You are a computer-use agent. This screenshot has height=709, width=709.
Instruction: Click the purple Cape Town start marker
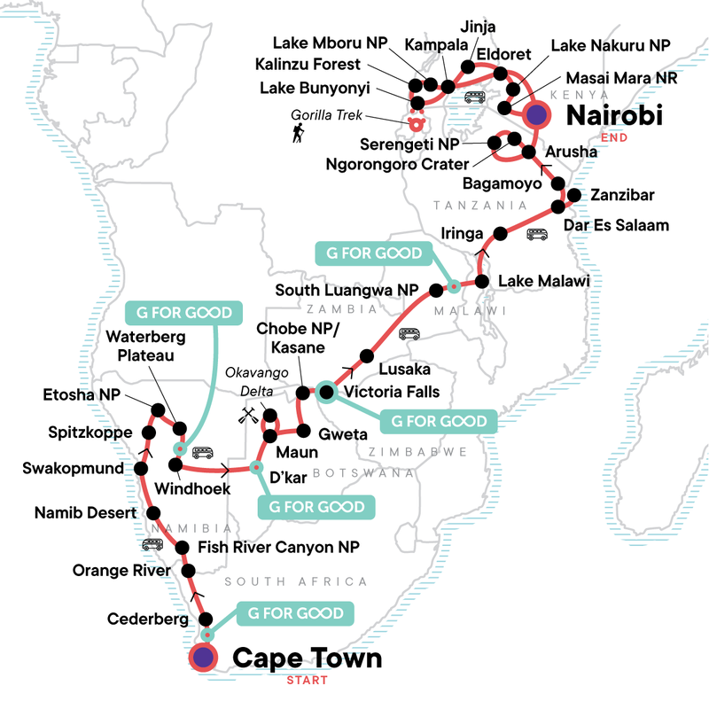[x=204, y=658]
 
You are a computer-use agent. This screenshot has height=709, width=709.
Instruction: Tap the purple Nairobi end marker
[x=537, y=113]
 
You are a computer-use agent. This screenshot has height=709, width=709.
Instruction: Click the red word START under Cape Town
[x=306, y=681]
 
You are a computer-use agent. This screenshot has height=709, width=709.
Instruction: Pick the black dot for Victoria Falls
[x=325, y=392]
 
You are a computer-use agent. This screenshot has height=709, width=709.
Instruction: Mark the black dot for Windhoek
[x=175, y=464]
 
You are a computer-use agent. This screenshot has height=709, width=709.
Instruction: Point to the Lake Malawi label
[x=544, y=281]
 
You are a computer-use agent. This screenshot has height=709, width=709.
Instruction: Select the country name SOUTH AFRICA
[x=295, y=581]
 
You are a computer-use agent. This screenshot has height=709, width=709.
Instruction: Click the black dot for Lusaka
[x=362, y=357]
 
